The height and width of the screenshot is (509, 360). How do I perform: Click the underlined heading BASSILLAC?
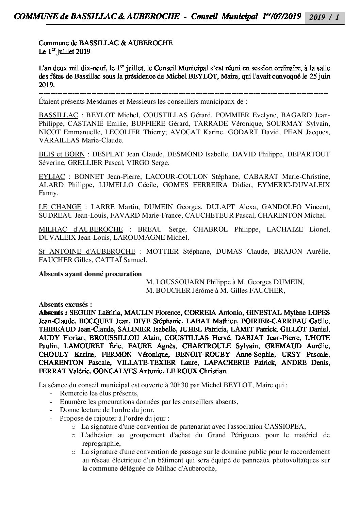click(59, 115)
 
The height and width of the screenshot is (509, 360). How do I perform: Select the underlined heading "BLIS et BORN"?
click(62, 154)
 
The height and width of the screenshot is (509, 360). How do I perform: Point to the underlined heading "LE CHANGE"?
click(60, 207)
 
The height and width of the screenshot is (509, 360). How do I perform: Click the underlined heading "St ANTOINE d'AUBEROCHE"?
click(87, 252)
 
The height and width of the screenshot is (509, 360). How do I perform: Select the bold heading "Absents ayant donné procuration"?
click(90, 273)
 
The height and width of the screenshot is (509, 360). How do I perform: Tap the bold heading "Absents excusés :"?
click(65, 304)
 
